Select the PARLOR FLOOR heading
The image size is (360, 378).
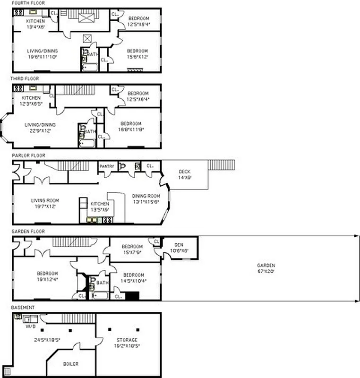26,155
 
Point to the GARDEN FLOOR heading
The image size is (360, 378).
26,232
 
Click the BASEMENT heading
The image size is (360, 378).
22,308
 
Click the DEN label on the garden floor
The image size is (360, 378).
179,245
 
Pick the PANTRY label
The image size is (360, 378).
107,166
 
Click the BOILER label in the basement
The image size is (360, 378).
71,364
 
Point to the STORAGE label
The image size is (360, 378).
127,340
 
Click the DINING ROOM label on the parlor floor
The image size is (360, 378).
146,196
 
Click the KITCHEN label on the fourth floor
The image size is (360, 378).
35,21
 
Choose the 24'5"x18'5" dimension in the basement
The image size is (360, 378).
47,340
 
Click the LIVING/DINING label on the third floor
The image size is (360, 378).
40,125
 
